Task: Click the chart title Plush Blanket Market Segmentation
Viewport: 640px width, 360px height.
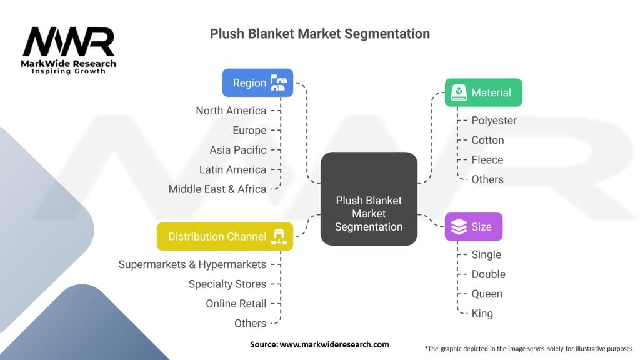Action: (x=319, y=34)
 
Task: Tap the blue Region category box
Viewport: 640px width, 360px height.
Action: (x=257, y=82)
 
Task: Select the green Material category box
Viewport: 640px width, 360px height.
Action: (x=482, y=92)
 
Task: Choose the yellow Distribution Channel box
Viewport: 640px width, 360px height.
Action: (x=224, y=236)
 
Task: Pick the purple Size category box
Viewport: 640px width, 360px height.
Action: (x=473, y=226)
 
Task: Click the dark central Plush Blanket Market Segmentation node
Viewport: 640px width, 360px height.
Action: (x=369, y=199)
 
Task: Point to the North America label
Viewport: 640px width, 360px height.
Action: (x=231, y=111)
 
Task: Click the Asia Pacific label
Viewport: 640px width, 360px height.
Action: (x=238, y=150)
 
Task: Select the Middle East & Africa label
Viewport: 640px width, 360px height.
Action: (x=217, y=189)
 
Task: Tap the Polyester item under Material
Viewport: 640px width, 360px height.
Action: (x=494, y=121)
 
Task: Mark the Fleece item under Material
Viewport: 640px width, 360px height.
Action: (x=487, y=160)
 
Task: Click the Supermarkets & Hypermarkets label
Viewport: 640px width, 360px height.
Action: (x=192, y=264)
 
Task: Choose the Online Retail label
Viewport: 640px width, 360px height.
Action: (x=236, y=304)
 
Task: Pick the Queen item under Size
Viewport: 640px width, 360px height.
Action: (x=487, y=294)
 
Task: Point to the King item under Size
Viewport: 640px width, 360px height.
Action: (x=482, y=314)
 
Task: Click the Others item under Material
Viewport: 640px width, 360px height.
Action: (x=487, y=179)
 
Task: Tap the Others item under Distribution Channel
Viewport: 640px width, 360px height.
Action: (x=250, y=323)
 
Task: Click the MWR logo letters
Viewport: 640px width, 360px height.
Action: (x=69, y=42)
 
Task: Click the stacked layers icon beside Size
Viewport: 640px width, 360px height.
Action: (x=459, y=227)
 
